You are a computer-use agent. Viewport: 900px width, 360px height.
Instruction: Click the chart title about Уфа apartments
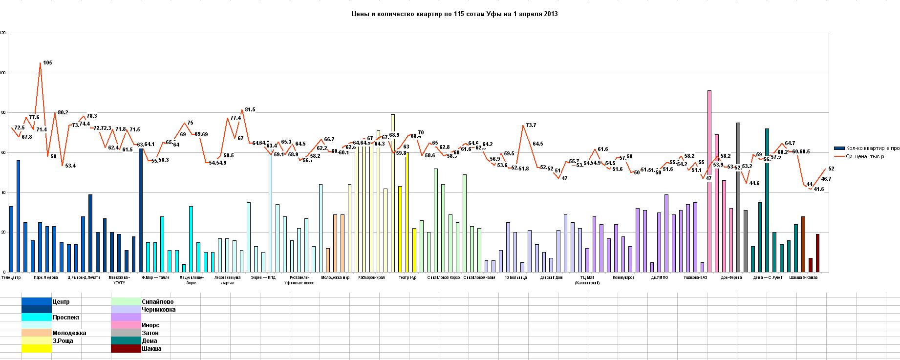tap(454, 14)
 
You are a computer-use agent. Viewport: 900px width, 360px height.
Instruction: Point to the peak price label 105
tap(47, 63)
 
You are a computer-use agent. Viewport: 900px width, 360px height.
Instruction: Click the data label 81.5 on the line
tap(250, 110)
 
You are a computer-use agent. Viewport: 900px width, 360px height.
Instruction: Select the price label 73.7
tap(531, 126)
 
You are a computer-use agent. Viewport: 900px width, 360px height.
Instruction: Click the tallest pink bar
tap(709, 181)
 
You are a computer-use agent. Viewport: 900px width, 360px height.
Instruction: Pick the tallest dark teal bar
tap(767, 200)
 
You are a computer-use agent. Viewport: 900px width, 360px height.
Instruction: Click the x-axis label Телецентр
tap(11, 277)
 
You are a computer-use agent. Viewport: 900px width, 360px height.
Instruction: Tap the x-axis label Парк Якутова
tap(46, 277)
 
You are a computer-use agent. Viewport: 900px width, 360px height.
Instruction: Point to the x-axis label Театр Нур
tap(407, 277)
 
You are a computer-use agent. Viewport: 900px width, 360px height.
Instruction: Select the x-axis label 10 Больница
tap(515, 277)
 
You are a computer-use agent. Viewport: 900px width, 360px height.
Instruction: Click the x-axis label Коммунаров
tap(624, 277)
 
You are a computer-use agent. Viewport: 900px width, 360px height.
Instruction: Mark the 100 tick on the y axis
tap(3, 73)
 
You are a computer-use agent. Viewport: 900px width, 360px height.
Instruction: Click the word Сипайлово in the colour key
tap(157, 302)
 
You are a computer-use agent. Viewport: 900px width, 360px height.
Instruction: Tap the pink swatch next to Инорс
tap(126, 325)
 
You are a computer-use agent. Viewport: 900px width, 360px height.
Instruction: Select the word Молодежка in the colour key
tap(69, 333)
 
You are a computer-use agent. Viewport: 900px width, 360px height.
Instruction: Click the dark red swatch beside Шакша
tap(126, 349)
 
